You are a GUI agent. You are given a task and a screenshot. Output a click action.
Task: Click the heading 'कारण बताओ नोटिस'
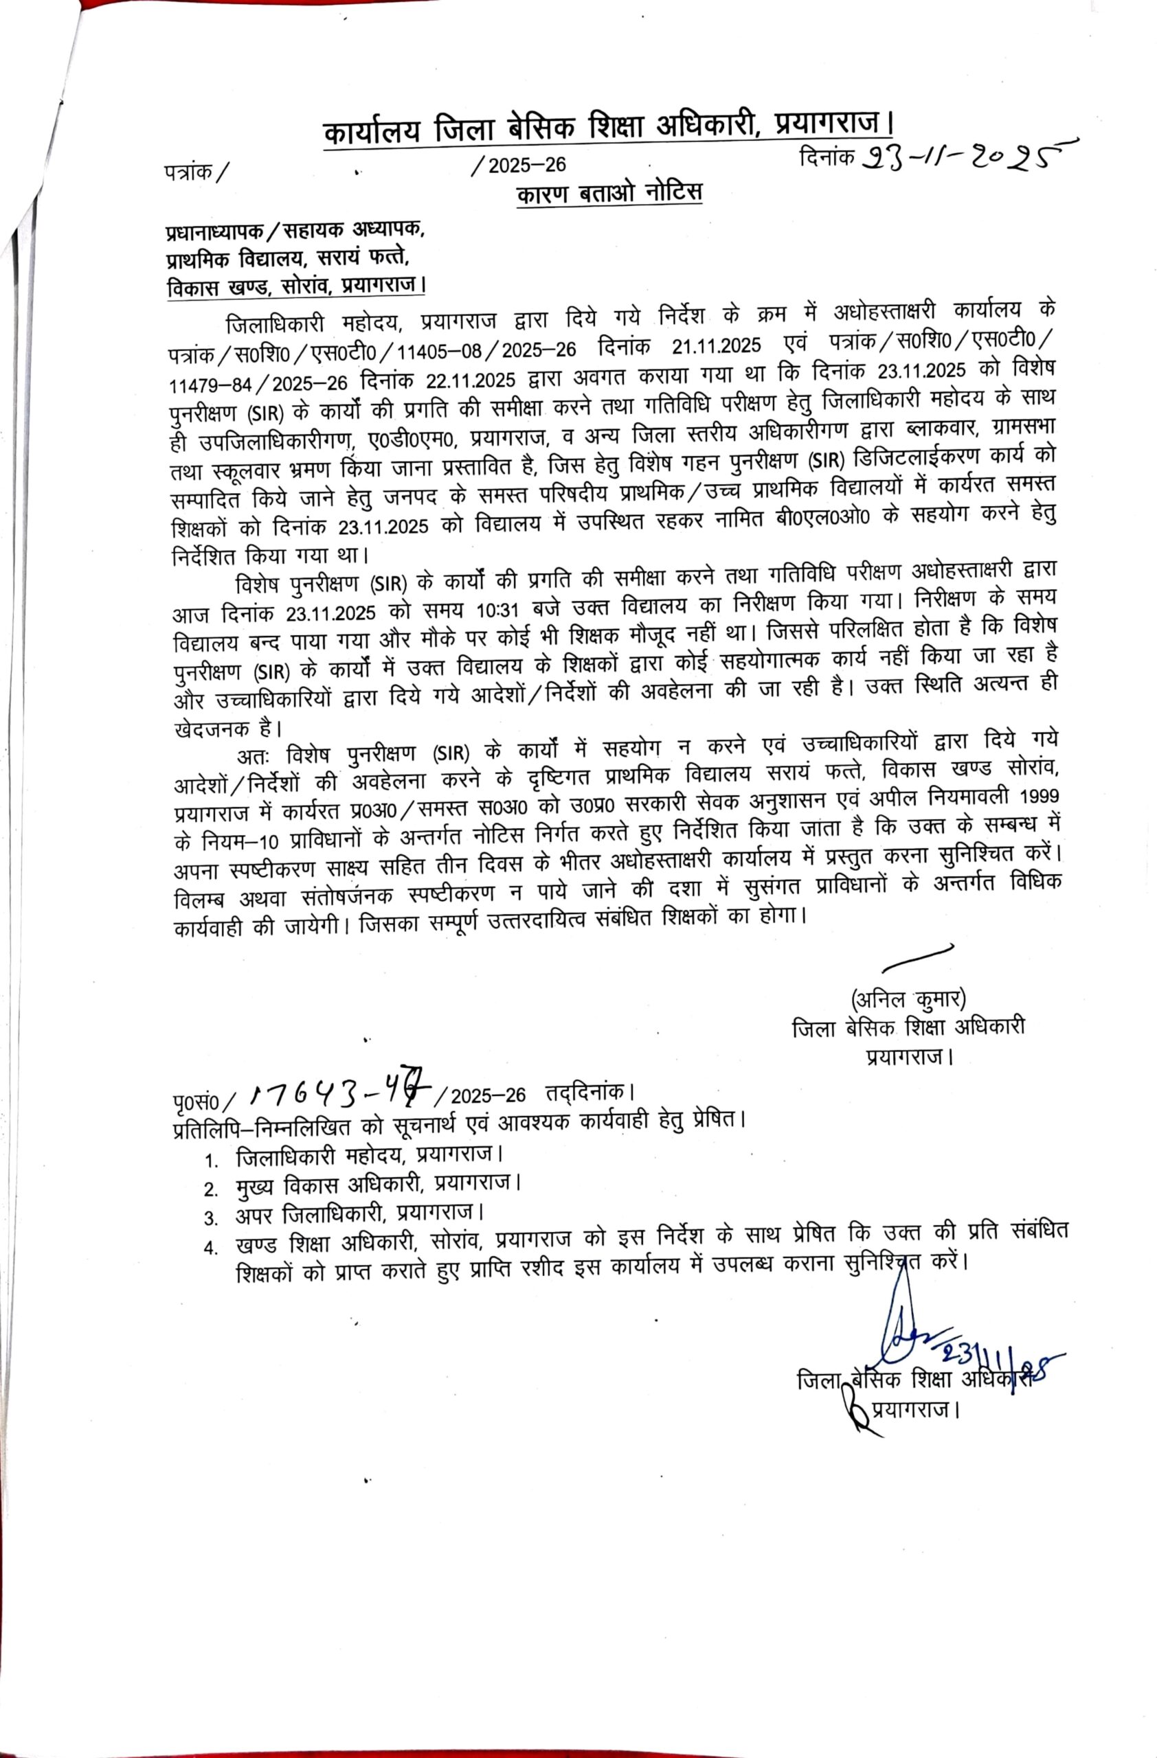point(609,194)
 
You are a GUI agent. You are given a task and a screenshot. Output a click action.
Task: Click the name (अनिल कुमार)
point(908,999)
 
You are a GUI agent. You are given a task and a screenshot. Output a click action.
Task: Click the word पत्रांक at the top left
point(188,172)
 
